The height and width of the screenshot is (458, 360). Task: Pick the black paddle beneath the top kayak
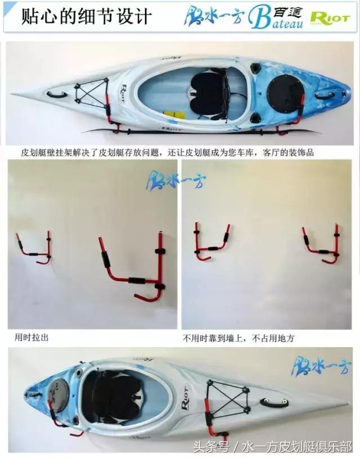(197, 132)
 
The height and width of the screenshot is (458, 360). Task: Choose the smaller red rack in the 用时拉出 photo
(34, 248)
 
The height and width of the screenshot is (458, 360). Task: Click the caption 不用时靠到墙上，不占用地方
(238, 339)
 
